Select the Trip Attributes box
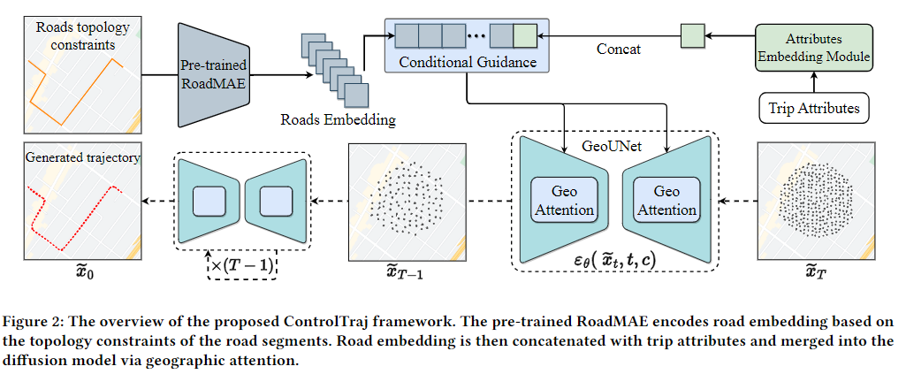coord(813,109)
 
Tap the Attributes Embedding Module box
coord(813,50)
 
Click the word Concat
coord(616,50)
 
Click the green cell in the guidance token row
coord(524,36)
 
